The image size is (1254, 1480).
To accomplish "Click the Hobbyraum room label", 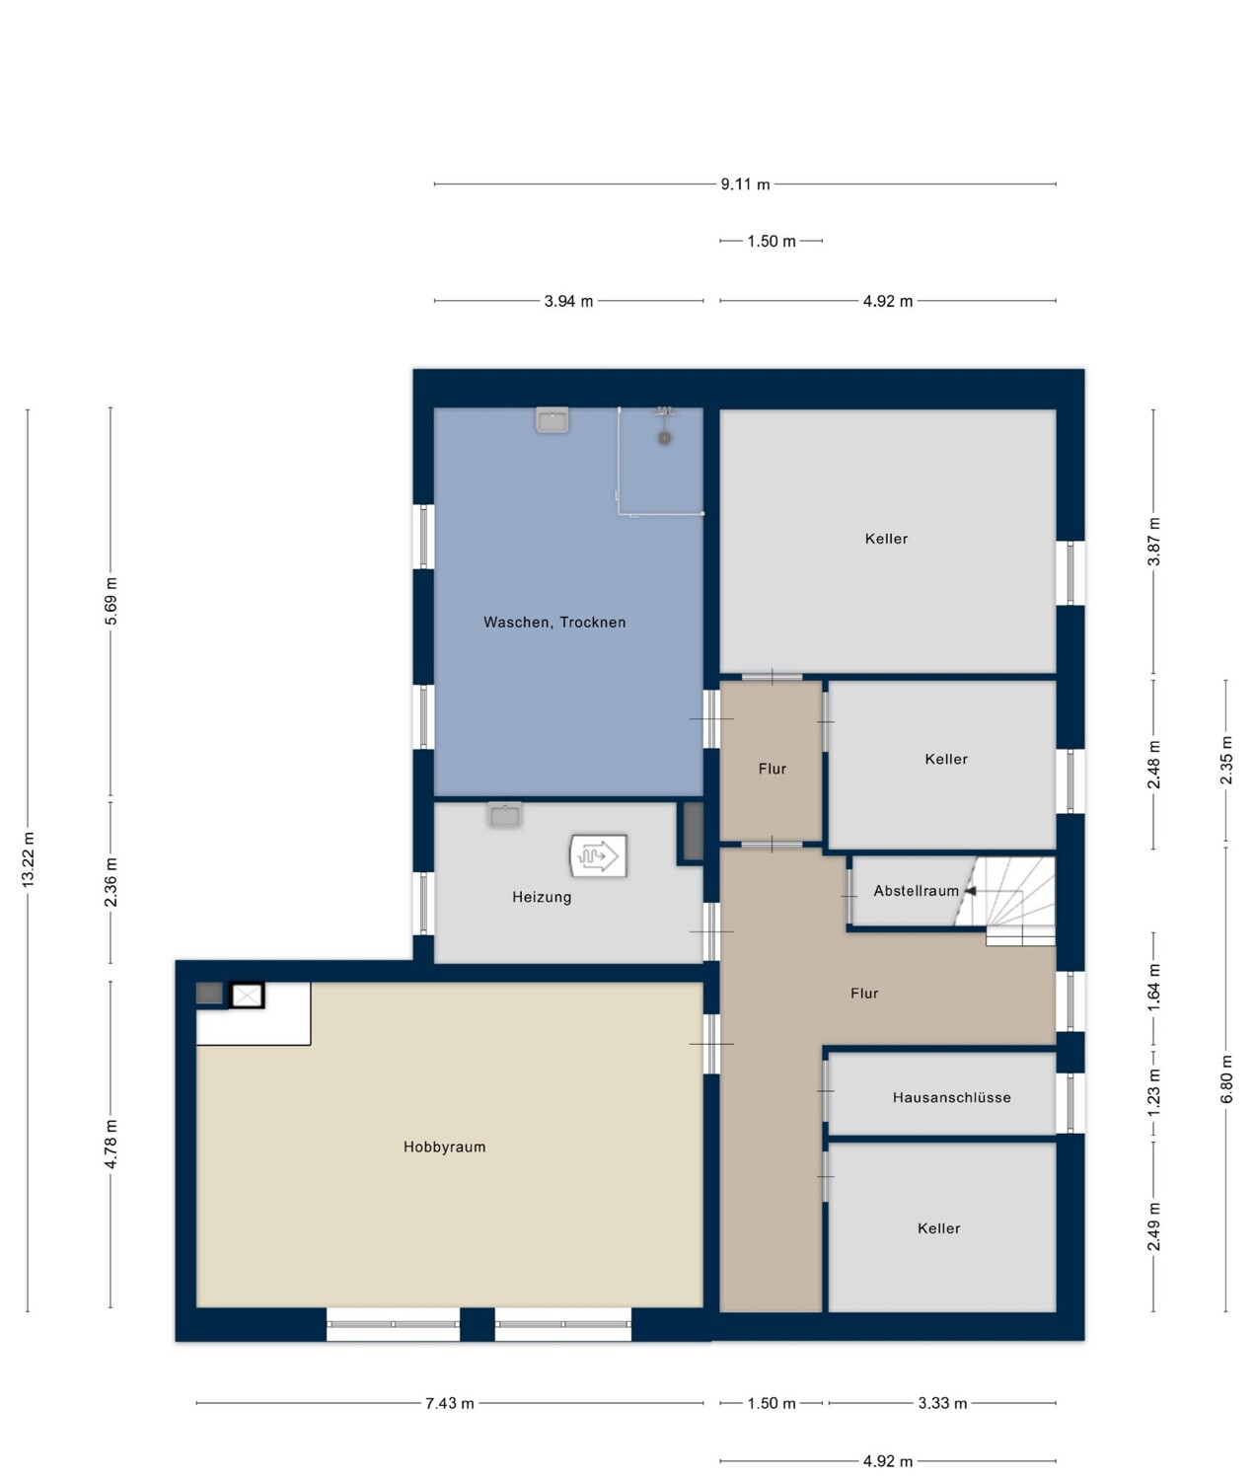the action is (444, 1147).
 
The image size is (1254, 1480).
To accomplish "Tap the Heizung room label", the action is (542, 897).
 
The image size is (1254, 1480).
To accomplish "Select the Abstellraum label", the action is (916, 891).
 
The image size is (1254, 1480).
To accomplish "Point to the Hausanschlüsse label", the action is (951, 1097).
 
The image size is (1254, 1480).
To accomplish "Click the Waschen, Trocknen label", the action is (554, 623).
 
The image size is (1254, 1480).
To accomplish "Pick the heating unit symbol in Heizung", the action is (598, 855).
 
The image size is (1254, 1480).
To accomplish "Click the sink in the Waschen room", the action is (553, 419).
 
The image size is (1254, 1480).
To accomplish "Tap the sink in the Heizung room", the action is (504, 814).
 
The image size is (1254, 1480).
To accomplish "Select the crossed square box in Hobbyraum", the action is (247, 996).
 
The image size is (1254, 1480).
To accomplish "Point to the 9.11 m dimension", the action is (745, 185).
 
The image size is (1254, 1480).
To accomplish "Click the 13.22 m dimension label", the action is (28, 859).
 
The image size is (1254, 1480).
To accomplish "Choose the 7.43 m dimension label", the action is (450, 1403).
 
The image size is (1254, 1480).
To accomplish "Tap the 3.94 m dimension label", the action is (568, 301).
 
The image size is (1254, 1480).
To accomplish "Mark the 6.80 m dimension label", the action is (1226, 1079).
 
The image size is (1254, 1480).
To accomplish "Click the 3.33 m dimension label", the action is (942, 1403).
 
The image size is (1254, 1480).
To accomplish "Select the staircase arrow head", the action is (970, 891).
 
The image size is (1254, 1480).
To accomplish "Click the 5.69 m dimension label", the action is (111, 600).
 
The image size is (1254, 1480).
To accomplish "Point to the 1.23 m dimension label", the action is (1153, 1091).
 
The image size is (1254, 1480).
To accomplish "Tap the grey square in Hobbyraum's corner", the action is (210, 994).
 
